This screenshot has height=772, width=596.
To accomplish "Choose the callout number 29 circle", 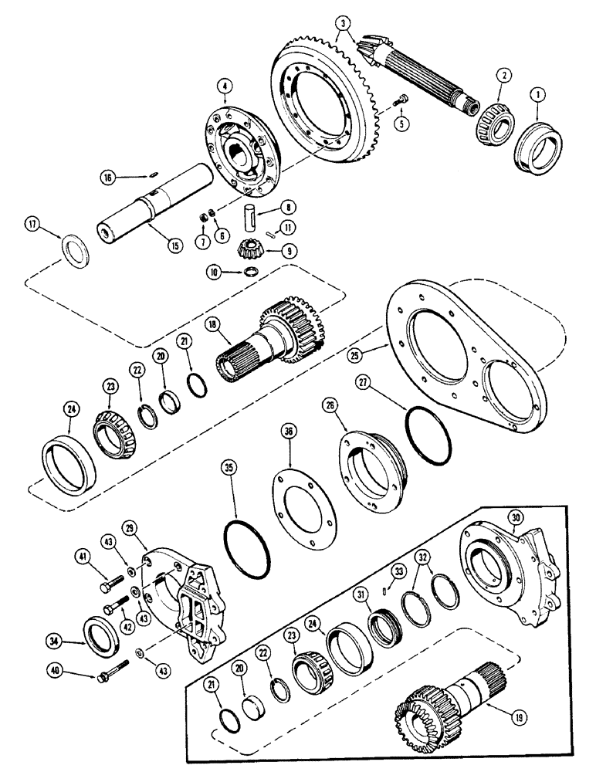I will pos(130,527).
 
